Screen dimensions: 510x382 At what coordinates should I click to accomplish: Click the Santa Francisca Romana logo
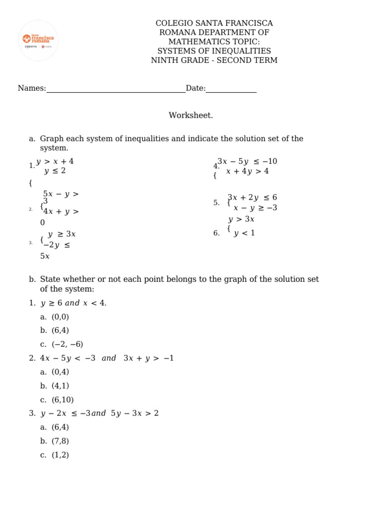tap(38, 40)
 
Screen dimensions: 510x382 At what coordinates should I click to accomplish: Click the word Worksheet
tap(191, 116)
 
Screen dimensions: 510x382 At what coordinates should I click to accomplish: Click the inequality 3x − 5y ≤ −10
tap(247, 161)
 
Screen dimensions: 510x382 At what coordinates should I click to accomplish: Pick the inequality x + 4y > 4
tap(247, 171)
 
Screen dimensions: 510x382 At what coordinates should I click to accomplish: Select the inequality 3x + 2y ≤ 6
tap(252, 197)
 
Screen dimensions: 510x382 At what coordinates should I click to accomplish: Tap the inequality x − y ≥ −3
tap(255, 208)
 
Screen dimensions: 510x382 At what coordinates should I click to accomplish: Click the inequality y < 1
tap(244, 233)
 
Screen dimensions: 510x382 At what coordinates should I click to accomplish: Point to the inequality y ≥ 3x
tap(62, 234)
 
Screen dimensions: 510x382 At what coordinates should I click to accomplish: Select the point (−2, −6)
tap(68, 344)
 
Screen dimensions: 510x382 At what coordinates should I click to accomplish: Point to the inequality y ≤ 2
tap(55, 171)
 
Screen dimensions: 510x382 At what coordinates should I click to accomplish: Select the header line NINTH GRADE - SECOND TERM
tap(214, 60)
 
